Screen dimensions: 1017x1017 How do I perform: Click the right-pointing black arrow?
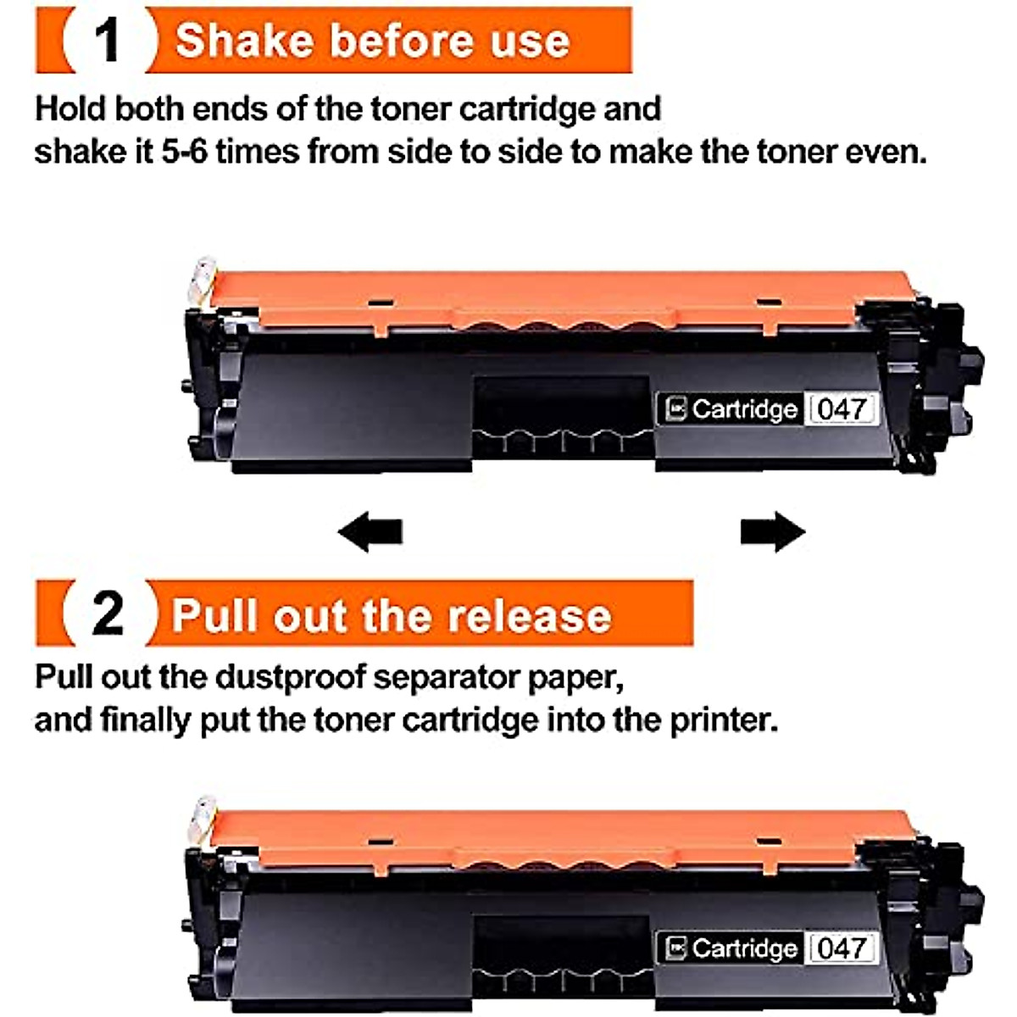(x=772, y=532)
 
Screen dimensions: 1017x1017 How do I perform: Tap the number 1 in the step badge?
(x=108, y=40)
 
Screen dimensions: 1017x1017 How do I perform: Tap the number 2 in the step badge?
(x=108, y=613)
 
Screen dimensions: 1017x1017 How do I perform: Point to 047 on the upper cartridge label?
(x=841, y=409)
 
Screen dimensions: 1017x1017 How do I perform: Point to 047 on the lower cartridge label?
(x=841, y=948)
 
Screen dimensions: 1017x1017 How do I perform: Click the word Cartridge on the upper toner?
(x=744, y=409)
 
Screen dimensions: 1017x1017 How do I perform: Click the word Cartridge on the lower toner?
(x=744, y=948)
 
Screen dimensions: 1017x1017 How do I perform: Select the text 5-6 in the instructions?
(x=184, y=153)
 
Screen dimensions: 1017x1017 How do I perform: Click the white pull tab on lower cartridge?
(x=203, y=820)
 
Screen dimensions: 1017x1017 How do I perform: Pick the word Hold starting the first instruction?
(x=70, y=109)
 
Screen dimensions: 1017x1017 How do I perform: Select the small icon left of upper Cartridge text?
(x=675, y=409)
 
